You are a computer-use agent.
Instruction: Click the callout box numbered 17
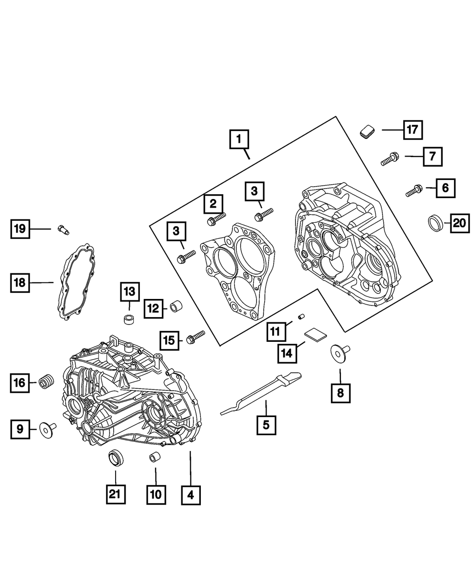pyautogui.click(x=413, y=130)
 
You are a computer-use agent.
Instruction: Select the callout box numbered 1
pyautogui.click(x=239, y=140)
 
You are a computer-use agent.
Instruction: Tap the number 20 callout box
pyautogui.click(x=459, y=223)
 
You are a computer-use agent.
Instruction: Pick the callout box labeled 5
pyautogui.click(x=266, y=424)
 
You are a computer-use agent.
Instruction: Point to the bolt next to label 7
pyautogui.click(x=390, y=159)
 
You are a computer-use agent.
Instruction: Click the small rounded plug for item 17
pyautogui.click(x=367, y=131)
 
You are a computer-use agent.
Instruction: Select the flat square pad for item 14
pyautogui.click(x=315, y=335)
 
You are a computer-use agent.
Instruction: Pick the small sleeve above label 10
pyautogui.click(x=155, y=458)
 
